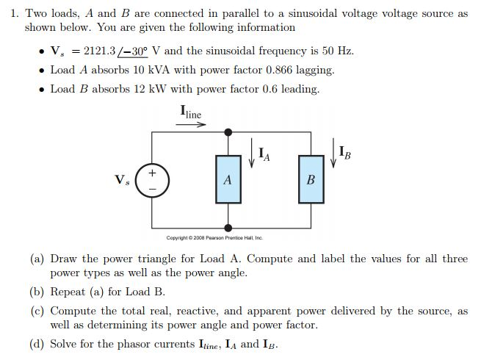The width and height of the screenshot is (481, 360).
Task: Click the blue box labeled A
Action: (228, 180)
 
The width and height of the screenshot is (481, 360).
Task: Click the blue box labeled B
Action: (310, 180)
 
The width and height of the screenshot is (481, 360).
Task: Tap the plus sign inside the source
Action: (153, 173)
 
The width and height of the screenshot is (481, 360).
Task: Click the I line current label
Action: (190, 112)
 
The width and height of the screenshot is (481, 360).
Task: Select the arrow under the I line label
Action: (192, 124)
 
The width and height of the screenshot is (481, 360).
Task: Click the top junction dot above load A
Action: (228, 132)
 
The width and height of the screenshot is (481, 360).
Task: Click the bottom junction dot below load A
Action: (228, 228)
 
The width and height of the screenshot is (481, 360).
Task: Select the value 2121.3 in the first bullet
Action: (104, 51)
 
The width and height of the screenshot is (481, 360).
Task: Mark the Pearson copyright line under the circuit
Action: (214, 238)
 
